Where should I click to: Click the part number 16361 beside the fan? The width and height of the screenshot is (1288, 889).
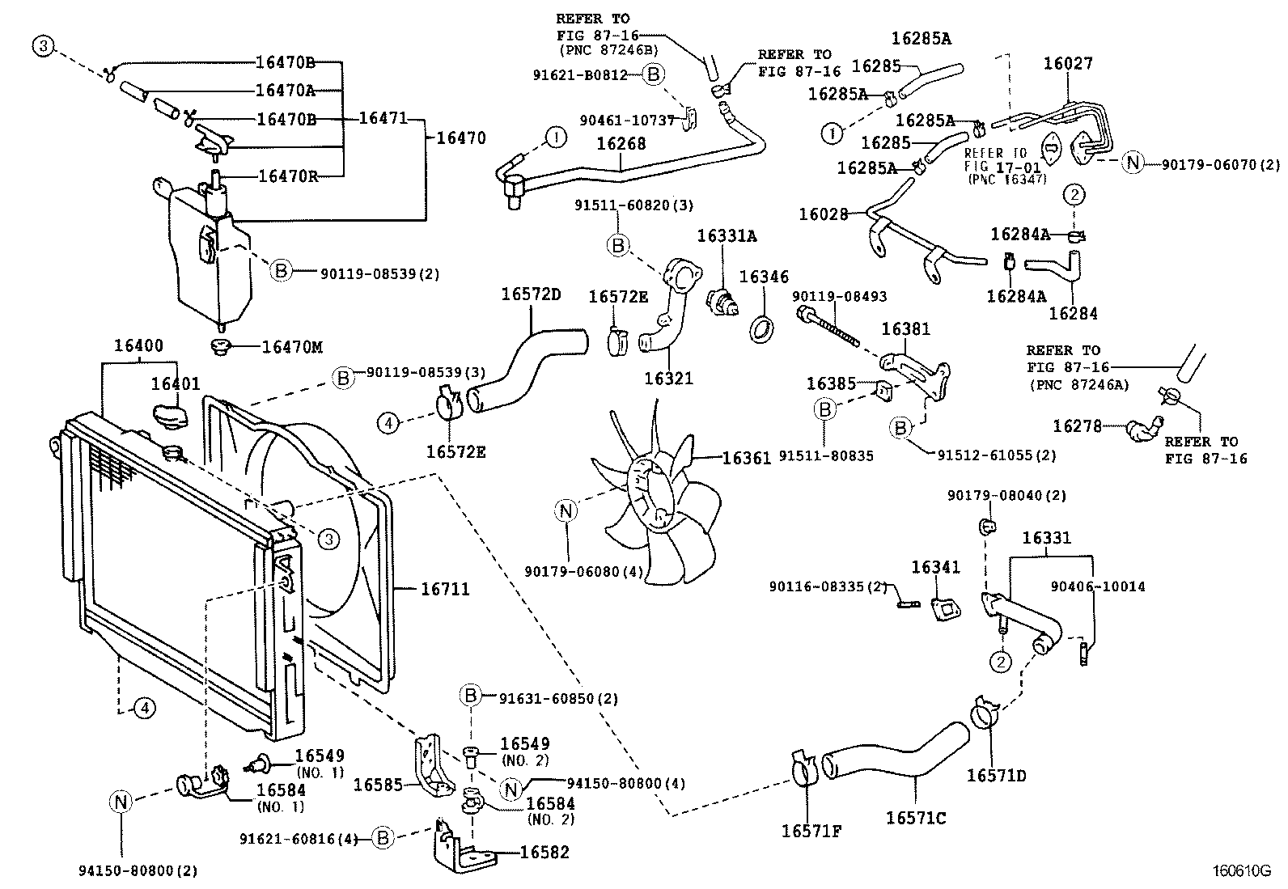747,459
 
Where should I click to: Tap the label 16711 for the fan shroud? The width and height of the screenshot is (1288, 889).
445,590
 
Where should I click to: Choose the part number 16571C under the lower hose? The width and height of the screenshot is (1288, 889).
915,818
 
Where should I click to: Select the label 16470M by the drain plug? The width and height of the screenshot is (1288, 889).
292,347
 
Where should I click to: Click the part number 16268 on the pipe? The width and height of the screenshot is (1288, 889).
621,143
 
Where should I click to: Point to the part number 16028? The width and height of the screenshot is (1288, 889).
824,214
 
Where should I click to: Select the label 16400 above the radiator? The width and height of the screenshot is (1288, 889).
138,345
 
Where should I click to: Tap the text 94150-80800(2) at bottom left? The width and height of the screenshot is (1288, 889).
138,871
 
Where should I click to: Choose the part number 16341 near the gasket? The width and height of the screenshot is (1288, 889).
936,567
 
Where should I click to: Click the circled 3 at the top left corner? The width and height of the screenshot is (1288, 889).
43,47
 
